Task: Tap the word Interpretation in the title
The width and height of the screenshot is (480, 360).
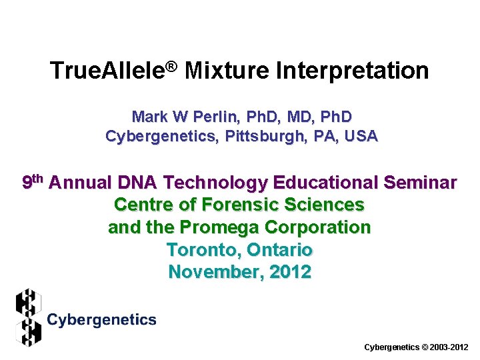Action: click(x=353, y=71)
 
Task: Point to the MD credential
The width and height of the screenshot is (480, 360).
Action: click(x=302, y=117)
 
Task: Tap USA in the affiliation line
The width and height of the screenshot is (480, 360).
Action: click(x=361, y=136)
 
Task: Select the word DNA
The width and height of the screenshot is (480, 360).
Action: click(x=137, y=182)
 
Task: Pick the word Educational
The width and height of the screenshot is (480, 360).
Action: click(x=326, y=182)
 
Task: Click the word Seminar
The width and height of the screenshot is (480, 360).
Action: click(x=423, y=182)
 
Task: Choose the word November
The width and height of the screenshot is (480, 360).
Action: click(x=213, y=272)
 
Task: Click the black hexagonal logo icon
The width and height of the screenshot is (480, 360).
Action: click(x=28, y=317)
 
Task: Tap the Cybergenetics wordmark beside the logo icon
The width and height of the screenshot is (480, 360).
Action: click(x=101, y=320)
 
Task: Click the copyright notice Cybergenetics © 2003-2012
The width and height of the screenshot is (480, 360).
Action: click(x=417, y=347)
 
